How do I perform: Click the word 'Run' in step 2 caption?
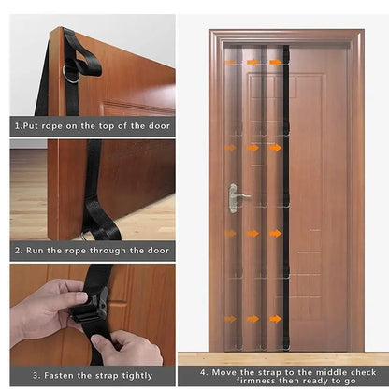point(36,251)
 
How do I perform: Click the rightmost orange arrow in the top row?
point(276,63)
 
